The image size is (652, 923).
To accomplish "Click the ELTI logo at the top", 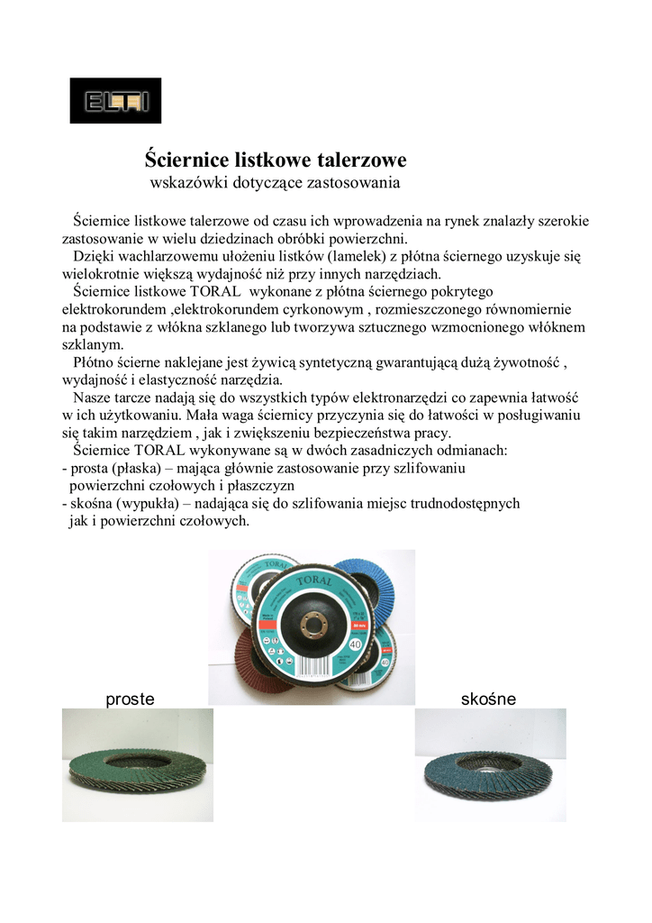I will pos(115,100).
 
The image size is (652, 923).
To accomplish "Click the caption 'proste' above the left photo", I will pos(131,699).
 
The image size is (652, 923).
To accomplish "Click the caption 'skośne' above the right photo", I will pos(488,699).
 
